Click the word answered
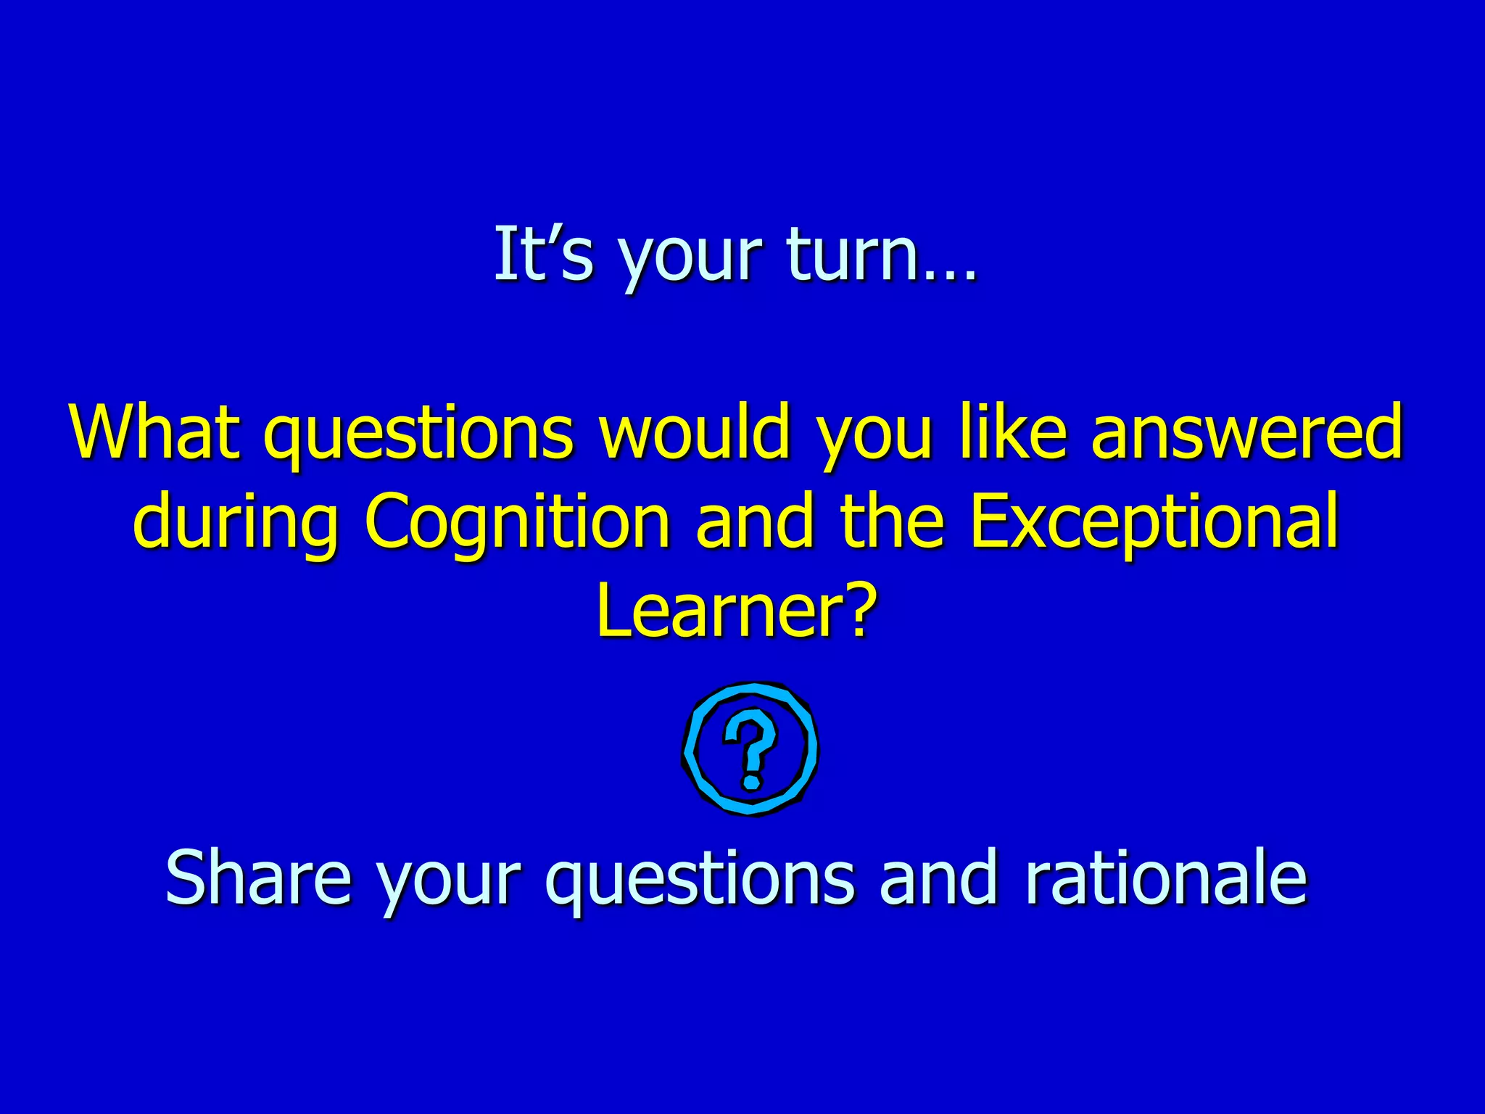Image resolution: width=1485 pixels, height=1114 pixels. (1247, 432)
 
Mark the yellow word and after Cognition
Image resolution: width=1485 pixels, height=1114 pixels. (754, 521)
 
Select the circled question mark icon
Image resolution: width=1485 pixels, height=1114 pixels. (750, 748)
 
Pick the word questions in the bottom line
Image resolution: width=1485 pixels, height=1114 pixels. (700, 879)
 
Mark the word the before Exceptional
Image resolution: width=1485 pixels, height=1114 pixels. (892, 521)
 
